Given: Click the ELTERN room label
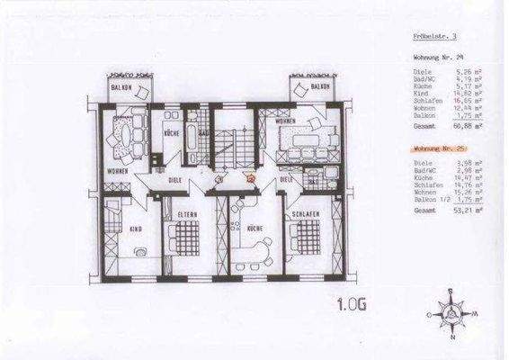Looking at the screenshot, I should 188,213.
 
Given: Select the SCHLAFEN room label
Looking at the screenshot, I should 304,213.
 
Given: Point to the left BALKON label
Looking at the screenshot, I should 121,86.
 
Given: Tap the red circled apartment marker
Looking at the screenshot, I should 251,179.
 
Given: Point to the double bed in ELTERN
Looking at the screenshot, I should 188,239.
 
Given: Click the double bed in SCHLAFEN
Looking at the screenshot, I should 305,239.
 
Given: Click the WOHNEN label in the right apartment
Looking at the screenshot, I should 285,120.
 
